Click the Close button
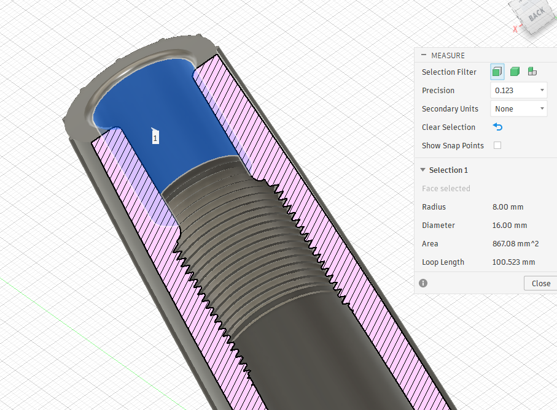tap(540, 284)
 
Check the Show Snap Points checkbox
tap(497, 145)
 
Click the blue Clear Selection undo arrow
tap(497, 127)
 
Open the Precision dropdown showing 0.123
tap(519, 90)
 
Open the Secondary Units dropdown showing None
tap(519, 109)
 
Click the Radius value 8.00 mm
tap(508, 207)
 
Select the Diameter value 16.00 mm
tap(509, 226)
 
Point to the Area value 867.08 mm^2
tap(515, 244)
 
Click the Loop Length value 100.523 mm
tap(513, 262)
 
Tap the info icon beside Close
tap(423, 283)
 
